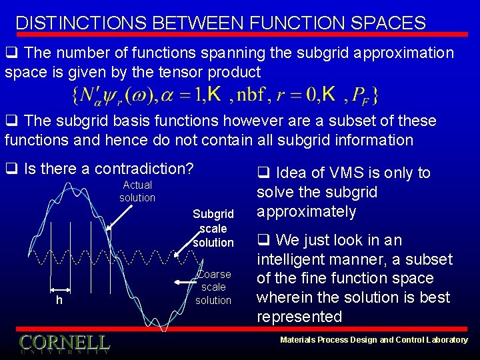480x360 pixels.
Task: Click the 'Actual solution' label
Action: coord(137,191)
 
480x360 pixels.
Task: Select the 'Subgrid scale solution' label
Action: coord(213,228)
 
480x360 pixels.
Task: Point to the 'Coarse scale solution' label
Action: coord(213,287)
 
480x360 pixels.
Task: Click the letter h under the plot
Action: coord(59,301)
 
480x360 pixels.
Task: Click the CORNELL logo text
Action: coord(64,343)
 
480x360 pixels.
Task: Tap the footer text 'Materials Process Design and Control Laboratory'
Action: coord(374,340)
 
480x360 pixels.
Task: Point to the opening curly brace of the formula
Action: coord(74,96)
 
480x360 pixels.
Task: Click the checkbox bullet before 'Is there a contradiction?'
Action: coord(11,169)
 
